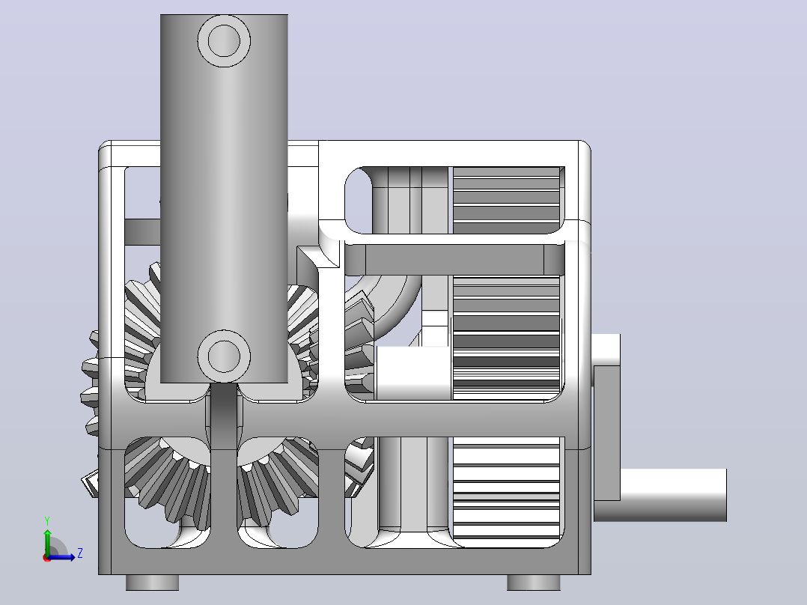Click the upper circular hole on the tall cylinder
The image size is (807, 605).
coord(224,40)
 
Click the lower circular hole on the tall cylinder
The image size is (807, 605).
coord(224,356)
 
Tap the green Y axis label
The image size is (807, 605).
coord(47,521)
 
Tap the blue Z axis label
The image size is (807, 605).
coord(80,553)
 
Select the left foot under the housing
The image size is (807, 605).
coord(153,583)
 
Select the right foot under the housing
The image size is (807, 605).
coord(534,583)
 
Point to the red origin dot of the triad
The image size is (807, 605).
coord(47,558)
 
